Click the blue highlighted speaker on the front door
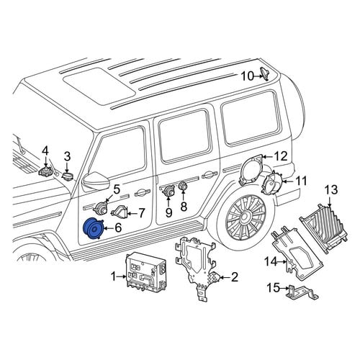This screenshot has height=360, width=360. click(x=93, y=228)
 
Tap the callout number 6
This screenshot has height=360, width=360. click(x=118, y=228)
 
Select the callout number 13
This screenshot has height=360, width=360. click(x=331, y=190)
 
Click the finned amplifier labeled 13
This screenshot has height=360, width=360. click(x=323, y=228)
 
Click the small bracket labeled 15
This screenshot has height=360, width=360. click(x=302, y=292)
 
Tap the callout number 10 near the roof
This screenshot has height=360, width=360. click(x=247, y=76)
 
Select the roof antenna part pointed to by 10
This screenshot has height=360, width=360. click(x=264, y=73)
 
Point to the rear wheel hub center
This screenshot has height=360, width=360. click(x=246, y=216)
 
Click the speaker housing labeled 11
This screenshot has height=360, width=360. click(x=271, y=181)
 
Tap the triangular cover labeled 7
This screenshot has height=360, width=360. click(x=120, y=212)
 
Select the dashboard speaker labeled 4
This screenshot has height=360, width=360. click(x=46, y=171)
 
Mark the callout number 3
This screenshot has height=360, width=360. click(x=68, y=156)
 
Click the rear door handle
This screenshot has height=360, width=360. click(x=210, y=176)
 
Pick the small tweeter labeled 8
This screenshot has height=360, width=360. click(x=183, y=185)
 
